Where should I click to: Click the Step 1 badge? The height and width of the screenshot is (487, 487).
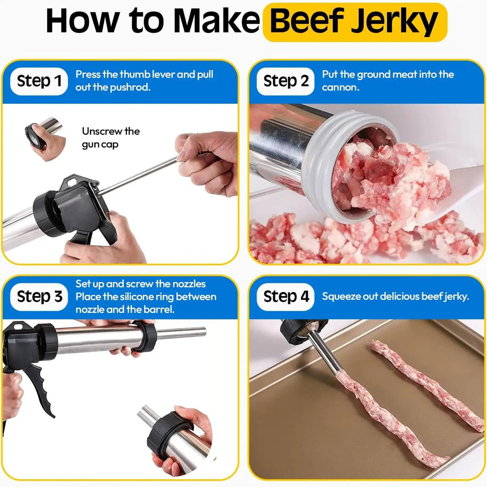click(x=39, y=81)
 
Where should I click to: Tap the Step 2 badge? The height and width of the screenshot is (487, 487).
click(x=285, y=81)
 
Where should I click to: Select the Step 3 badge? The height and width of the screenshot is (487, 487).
click(x=39, y=297)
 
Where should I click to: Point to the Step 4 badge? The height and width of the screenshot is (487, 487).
click(x=285, y=297)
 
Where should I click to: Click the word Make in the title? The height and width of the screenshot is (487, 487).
click(x=216, y=21)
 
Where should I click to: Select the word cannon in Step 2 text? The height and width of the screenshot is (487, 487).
click(x=341, y=88)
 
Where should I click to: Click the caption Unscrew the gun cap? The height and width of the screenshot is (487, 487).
click(x=110, y=137)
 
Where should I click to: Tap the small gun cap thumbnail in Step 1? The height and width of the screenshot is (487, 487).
click(x=45, y=138)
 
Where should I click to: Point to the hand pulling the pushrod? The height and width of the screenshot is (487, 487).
click(x=206, y=163)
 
